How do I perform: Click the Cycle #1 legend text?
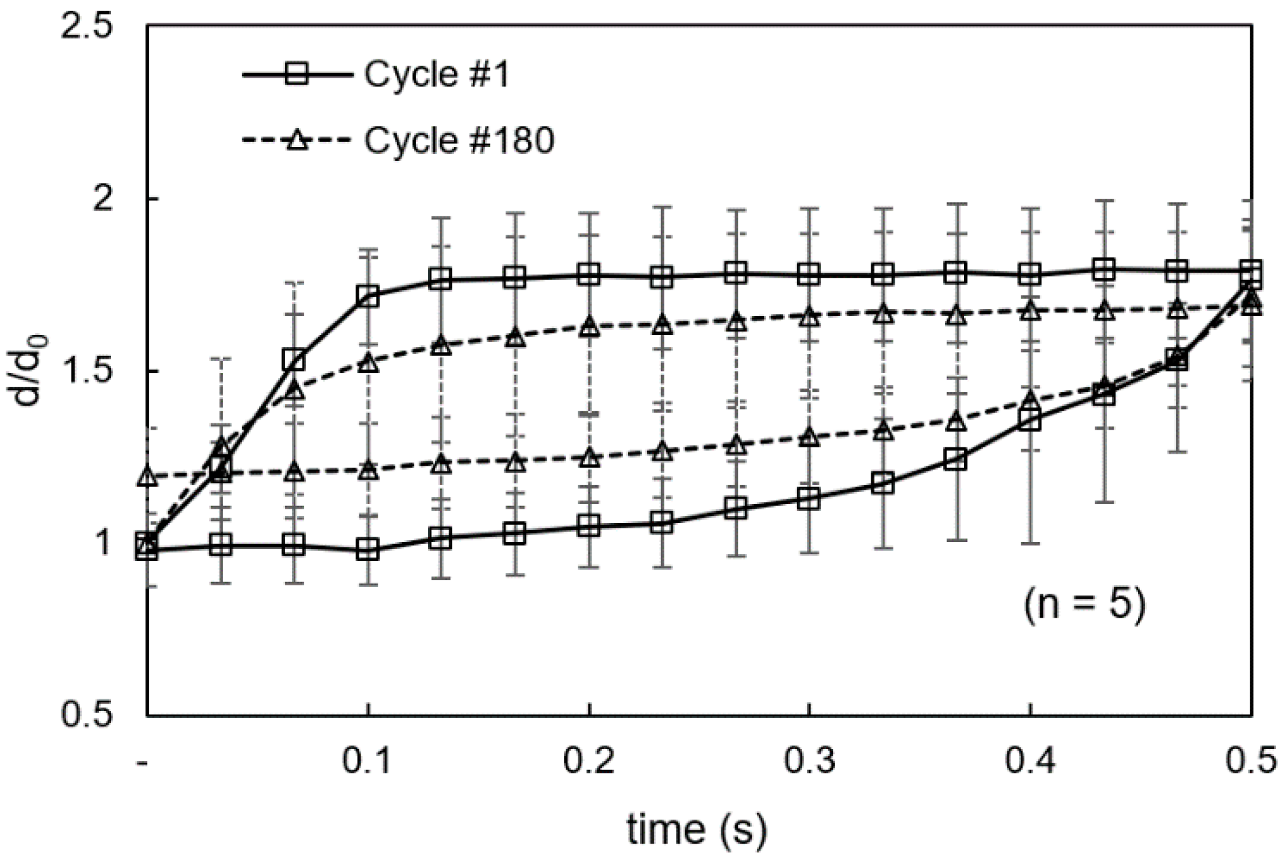click(436, 75)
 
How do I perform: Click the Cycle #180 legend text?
click(459, 140)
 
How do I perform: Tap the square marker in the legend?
click(297, 75)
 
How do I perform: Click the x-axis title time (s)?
click(697, 829)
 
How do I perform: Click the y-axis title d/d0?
click(32, 372)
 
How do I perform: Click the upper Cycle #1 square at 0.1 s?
click(368, 296)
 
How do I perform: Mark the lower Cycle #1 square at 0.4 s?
click(1030, 420)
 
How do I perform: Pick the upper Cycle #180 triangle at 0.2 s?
click(589, 326)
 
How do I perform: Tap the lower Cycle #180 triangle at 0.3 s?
click(809, 437)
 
